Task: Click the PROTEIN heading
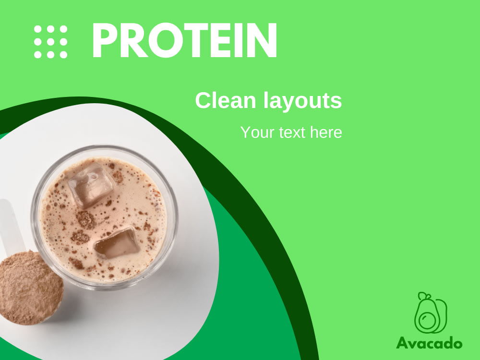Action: click(184, 41)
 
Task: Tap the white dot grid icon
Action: click(50, 42)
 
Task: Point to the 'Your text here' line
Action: click(291, 132)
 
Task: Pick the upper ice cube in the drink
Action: click(91, 185)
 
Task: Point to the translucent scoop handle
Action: click(10, 226)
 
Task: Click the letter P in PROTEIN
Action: click(105, 41)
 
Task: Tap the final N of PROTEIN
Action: click(262, 41)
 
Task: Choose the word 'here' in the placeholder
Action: click(326, 132)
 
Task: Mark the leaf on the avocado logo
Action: click(423, 296)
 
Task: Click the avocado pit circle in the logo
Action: click(426, 320)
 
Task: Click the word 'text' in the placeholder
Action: click(292, 132)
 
